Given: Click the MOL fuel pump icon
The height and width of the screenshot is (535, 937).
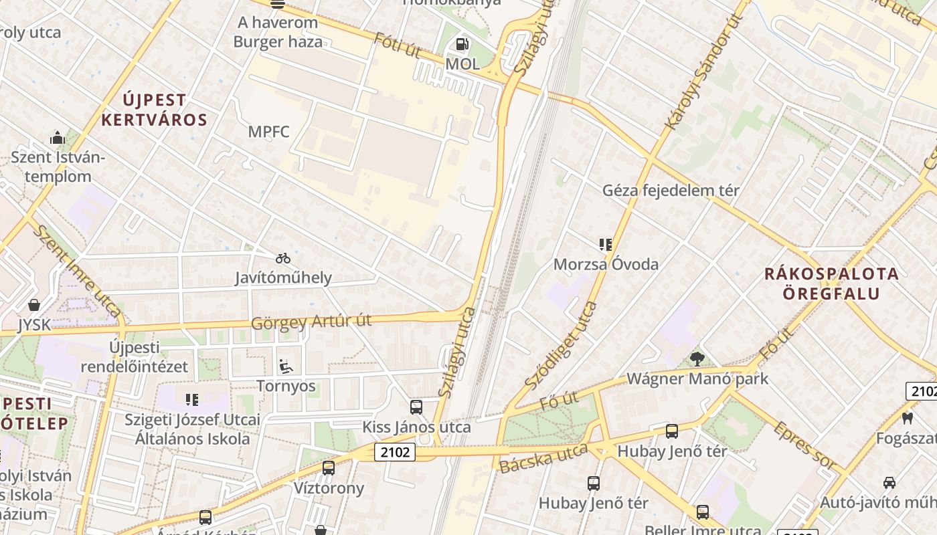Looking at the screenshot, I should point(462,45).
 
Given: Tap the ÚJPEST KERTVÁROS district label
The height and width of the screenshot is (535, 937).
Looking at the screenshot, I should point(164,110).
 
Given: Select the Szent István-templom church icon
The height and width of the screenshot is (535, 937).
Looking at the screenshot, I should point(58,138).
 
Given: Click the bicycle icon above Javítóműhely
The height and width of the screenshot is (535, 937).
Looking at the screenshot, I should point(283,257).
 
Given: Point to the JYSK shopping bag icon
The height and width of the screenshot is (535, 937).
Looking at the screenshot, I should point(34,305).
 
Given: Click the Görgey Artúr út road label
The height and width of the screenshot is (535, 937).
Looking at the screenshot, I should point(311,322).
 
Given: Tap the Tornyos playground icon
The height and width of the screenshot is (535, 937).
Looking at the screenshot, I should point(286,366).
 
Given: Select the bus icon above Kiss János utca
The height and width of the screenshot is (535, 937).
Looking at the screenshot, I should point(416,407).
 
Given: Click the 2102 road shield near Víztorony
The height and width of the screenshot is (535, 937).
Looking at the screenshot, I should point(395,452).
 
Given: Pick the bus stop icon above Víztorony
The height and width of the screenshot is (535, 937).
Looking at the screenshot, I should point(329,468).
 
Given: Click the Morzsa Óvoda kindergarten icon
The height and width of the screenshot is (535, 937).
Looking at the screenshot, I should point(606,244).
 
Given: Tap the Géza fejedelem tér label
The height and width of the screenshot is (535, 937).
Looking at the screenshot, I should point(671,190).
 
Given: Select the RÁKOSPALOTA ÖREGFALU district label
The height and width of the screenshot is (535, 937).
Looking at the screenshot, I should point(832,284).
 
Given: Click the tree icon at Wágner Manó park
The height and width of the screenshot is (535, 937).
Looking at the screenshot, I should point(697,359).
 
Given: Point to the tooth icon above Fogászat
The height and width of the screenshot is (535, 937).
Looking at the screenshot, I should point(908,419).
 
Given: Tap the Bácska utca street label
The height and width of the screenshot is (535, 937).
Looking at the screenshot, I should point(543,458).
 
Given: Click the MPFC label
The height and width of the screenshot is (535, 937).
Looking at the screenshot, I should point(268,132).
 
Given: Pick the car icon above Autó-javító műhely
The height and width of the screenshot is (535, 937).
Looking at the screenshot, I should point(889,482).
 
